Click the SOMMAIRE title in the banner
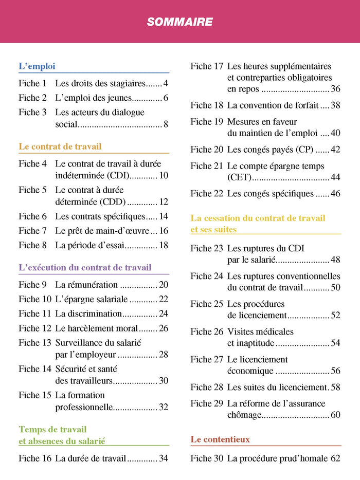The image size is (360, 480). pyautogui.click(x=179, y=22)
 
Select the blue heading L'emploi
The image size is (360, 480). pyautogui.click(x=37, y=66)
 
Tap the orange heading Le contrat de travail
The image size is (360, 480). pyautogui.click(x=60, y=146)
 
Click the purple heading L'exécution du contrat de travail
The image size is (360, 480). pyautogui.click(x=85, y=267)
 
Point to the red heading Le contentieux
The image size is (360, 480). pyautogui.click(x=220, y=439)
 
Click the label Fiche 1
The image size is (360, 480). pyautogui.click(x=32, y=83)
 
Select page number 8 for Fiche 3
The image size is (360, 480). pyautogui.click(x=166, y=124)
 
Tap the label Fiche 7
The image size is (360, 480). pyautogui.click(x=32, y=231)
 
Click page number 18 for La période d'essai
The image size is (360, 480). pyautogui.click(x=164, y=245)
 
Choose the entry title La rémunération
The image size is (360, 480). pyautogui.click(x=86, y=285)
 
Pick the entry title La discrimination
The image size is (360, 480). pyautogui.click(x=88, y=313)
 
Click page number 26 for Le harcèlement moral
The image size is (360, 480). pyautogui.click(x=164, y=328)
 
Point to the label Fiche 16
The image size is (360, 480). pyautogui.click(x=34, y=458)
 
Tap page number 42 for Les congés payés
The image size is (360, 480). pyautogui.click(x=335, y=150)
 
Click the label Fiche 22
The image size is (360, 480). pyautogui.click(x=207, y=194)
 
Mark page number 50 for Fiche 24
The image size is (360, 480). pyautogui.click(x=335, y=287)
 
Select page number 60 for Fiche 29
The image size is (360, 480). pyautogui.click(x=335, y=415)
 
